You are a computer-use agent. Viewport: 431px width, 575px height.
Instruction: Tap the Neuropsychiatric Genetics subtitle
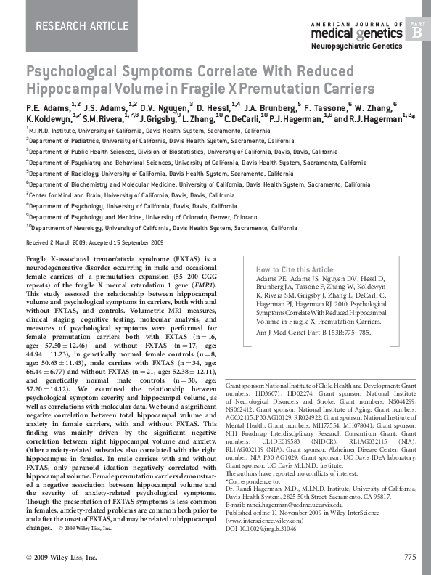click(x=356, y=46)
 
